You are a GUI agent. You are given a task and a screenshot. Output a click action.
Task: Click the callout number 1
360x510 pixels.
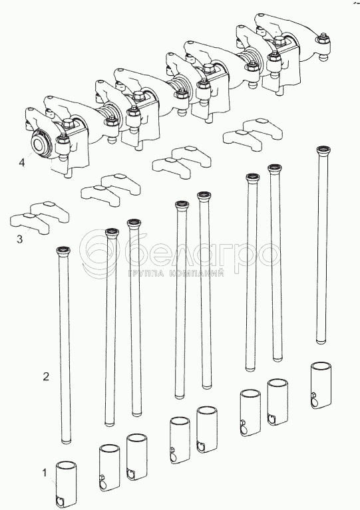[45, 473]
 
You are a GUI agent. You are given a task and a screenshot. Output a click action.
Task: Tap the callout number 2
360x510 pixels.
[46, 376]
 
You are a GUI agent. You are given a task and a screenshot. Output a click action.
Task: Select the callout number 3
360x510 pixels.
[20, 239]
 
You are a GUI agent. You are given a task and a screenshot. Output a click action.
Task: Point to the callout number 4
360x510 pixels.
[21, 162]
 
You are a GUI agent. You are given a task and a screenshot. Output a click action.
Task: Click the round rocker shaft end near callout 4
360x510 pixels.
[40, 143]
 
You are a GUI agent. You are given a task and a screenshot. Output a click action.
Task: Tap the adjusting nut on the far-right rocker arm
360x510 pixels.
[323, 39]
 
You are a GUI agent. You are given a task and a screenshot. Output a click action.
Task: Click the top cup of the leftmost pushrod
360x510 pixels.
[63, 251]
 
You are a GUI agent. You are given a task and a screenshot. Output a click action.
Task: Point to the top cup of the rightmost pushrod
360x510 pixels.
[323, 150]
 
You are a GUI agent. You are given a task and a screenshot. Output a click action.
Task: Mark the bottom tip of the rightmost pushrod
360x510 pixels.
[321, 342]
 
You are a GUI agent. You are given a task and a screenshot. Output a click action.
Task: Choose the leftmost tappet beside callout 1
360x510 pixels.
[67, 481]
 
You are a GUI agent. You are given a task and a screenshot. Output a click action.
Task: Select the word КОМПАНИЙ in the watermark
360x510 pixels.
[197, 274]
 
